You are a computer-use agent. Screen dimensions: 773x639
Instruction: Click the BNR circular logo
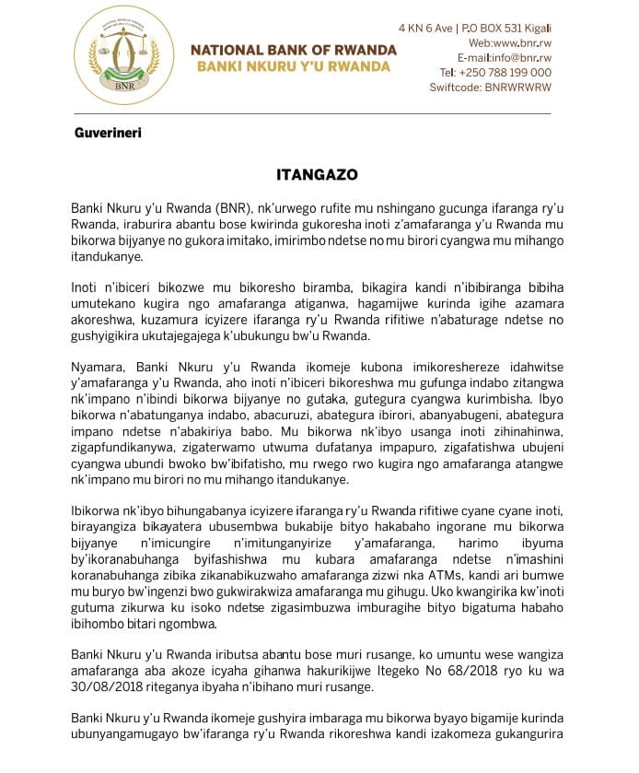tap(123, 55)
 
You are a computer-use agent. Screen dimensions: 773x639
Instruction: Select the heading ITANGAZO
tap(318, 174)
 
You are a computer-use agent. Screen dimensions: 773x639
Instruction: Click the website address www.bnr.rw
tap(523, 43)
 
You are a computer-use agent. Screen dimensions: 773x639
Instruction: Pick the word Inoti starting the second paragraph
tap(87, 287)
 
